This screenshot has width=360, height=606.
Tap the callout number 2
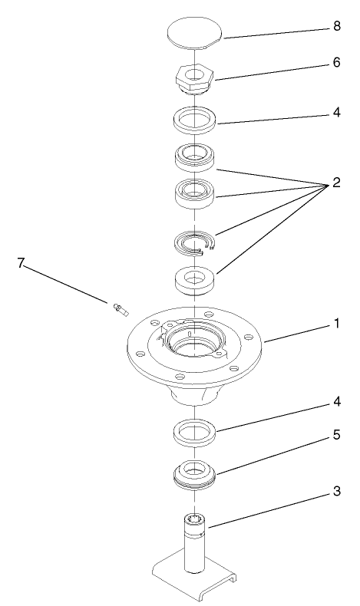pos(336,185)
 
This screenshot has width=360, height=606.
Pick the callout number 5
pos(335,435)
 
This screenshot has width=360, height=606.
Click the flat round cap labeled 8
pos(194,33)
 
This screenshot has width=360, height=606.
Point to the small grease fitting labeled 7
pos(119,310)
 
